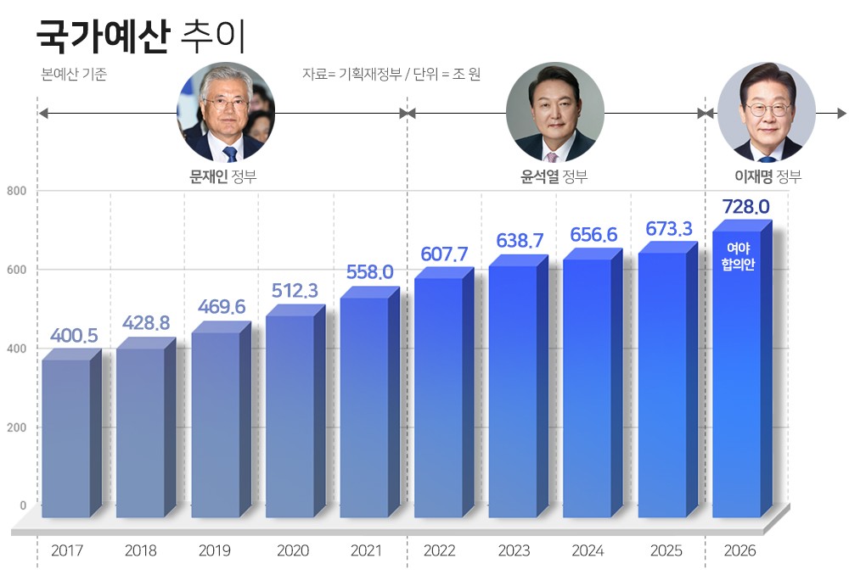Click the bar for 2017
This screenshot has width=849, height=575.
(66, 437)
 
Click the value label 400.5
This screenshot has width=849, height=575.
(74, 336)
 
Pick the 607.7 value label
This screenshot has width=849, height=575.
(444, 254)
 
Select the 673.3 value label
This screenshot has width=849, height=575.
(669, 229)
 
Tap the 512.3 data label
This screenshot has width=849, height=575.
(295, 291)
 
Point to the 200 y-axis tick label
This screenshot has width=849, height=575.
(17, 427)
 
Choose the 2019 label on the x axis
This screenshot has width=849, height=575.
(215, 550)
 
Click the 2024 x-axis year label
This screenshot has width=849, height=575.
(588, 550)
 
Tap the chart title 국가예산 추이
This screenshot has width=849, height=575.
(141, 36)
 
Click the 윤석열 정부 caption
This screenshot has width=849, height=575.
(554, 176)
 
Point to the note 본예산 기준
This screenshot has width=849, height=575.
(74, 75)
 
